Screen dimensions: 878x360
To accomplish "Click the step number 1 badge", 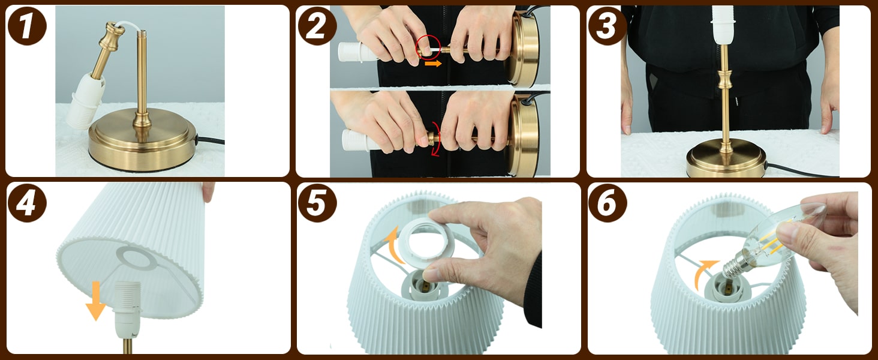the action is tap(27, 26).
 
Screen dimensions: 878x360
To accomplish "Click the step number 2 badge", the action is tap(317, 26).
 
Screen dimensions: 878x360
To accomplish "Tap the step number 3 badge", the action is tap(607, 26).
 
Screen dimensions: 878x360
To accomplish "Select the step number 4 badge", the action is tap(27, 203).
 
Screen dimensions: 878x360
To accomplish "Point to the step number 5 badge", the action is tap(317, 203).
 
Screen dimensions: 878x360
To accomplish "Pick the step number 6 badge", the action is tap(607, 203).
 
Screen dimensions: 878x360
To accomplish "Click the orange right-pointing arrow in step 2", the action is tap(433, 64).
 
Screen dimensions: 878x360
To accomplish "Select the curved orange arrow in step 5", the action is tap(393, 247).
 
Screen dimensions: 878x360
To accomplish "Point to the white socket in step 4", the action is tap(127, 310).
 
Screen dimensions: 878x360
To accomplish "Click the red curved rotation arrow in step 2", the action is tap(437, 139).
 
